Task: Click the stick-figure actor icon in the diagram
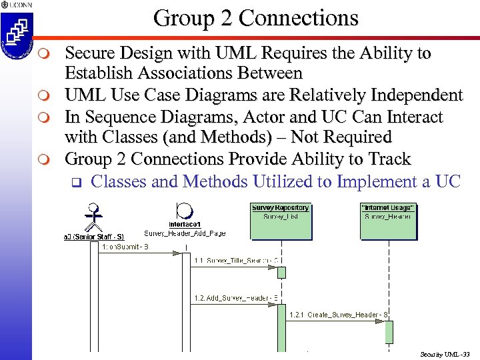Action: point(95,216)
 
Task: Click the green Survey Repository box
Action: point(281,221)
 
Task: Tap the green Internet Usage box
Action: point(387,221)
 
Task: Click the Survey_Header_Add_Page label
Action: point(185,233)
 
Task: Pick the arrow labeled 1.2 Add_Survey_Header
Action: point(234,304)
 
